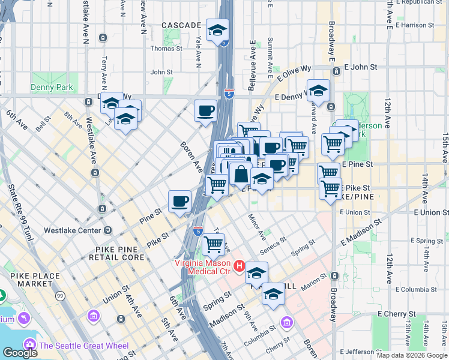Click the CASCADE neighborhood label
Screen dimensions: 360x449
[x=181, y=25]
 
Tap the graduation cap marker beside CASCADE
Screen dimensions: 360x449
[x=217, y=30]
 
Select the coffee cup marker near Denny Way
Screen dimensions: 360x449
[x=206, y=111]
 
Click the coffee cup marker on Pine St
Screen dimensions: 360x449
[x=179, y=202]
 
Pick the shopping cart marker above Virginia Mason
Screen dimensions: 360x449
[x=214, y=245]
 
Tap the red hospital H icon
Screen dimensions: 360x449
[x=240, y=265]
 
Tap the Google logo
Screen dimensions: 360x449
[x=20, y=353]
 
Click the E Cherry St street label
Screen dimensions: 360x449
[x=397, y=314]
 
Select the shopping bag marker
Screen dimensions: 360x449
[x=240, y=175]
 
